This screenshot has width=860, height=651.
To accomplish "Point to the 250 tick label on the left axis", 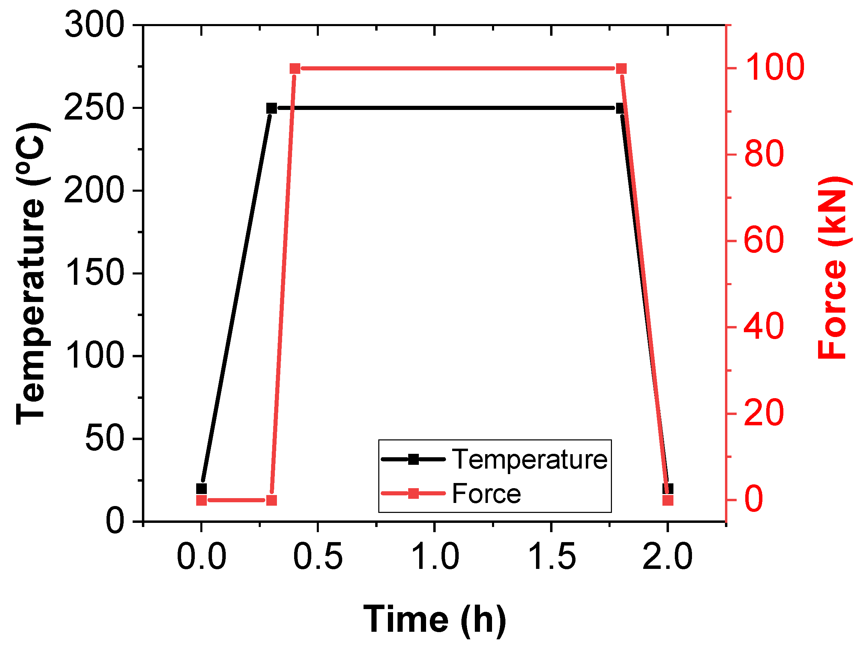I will pyautogui.click(x=94, y=108).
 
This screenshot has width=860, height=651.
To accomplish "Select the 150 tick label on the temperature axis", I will pyautogui.click(x=94, y=273).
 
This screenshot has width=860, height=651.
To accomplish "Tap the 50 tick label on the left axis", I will pyautogui.click(x=104, y=439).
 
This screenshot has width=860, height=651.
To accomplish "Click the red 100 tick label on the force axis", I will pyautogui.click(x=774, y=68).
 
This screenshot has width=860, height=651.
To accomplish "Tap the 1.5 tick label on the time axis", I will pyautogui.click(x=551, y=557).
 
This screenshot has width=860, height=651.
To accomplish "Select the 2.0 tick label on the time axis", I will pyautogui.click(x=668, y=557).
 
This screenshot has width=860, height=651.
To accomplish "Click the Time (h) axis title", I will pyautogui.click(x=434, y=619).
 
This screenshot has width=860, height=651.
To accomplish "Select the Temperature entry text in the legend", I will pyautogui.click(x=529, y=460).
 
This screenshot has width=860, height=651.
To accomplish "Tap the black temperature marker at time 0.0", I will pyautogui.click(x=201, y=489).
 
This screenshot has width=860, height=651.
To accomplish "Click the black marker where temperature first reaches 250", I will pyautogui.click(x=271, y=108).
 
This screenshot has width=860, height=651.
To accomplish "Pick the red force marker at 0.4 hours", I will pyautogui.click(x=295, y=69).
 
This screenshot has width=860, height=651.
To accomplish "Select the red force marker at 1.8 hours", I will pyautogui.click(x=621, y=69).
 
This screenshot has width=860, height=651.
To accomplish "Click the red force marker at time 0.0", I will pyautogui.click(x=201, y=500).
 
